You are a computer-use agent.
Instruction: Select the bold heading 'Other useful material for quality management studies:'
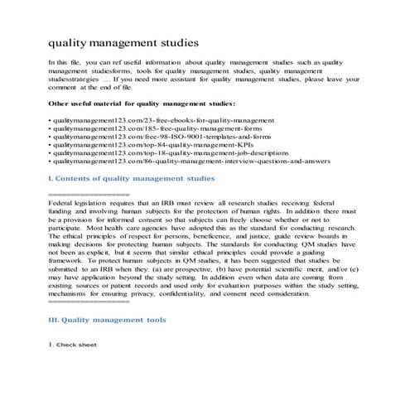[142, 104]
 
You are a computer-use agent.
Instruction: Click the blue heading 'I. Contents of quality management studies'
[133, 178]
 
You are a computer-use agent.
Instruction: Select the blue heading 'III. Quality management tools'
[108, 320]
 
